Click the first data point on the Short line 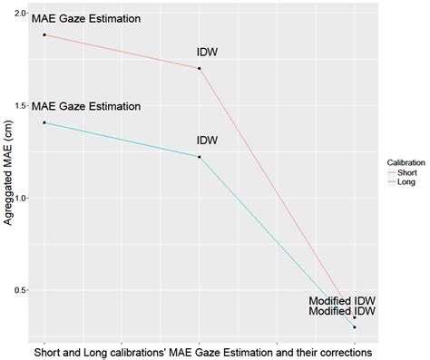click(44, 34)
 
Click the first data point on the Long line click(44, 122)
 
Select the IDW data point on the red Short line click(199, 68)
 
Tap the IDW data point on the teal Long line click(199, 157)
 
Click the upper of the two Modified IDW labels click(342, 298)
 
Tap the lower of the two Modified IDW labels click(342, 312)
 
